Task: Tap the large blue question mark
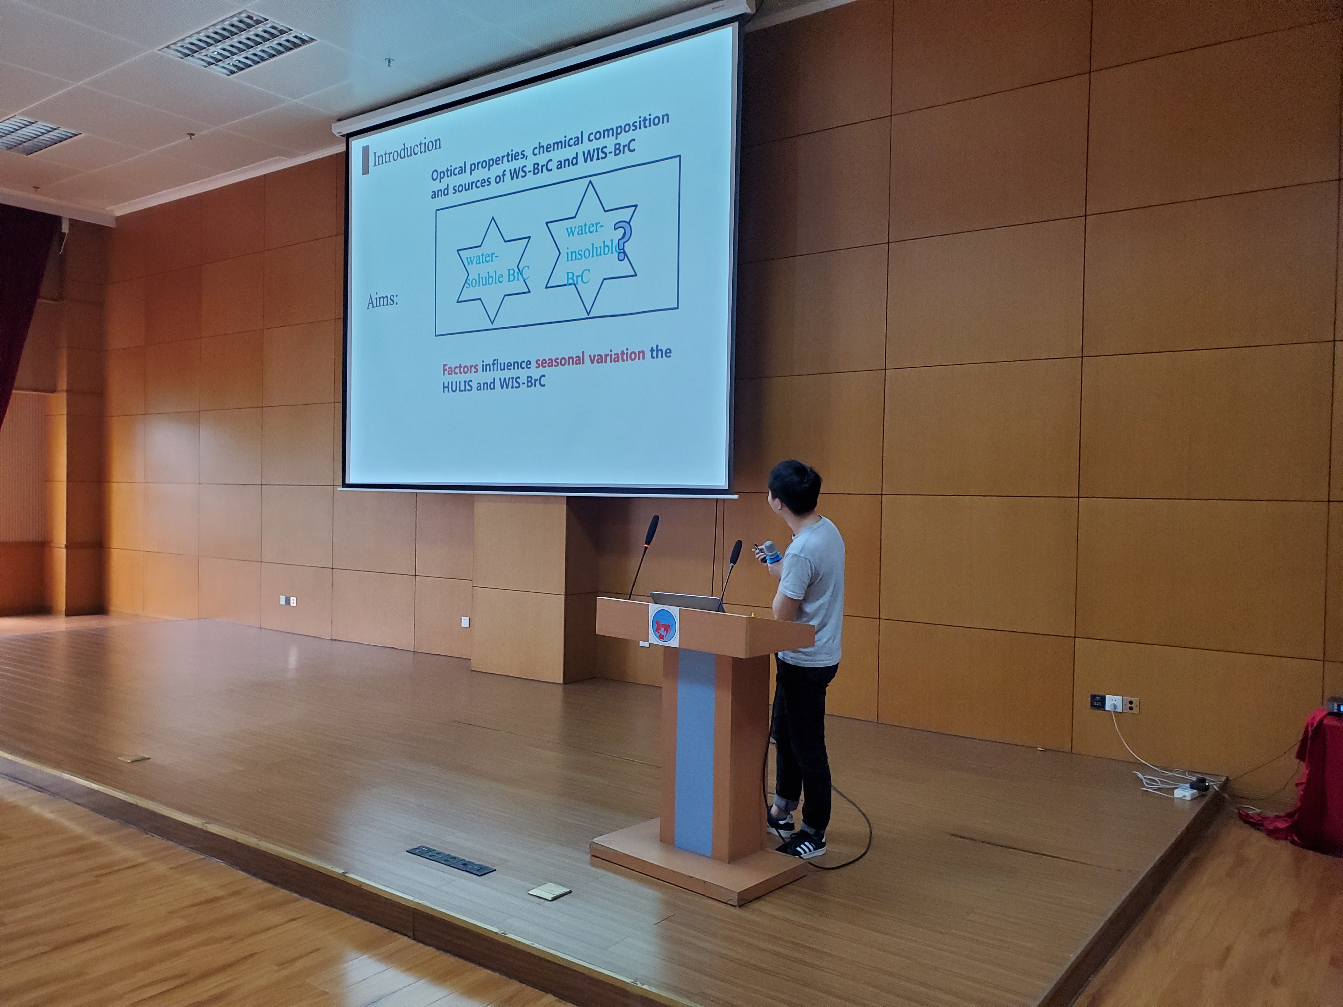pos(621,241)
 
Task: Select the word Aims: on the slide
pos(382,300)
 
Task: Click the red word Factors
pos(460,368)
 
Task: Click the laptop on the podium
pos(684,601)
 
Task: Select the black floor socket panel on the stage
pos(450,859)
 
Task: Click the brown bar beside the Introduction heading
pos(365,161)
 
